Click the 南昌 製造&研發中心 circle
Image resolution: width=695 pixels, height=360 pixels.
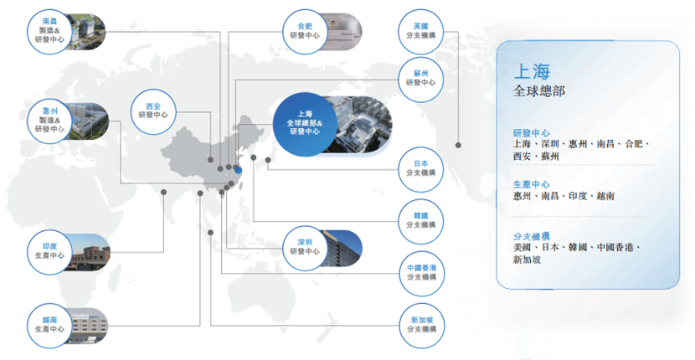coord(49,32)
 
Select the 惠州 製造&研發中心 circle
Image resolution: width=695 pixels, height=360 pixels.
coord(49,121)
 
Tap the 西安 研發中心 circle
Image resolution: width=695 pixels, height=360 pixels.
coord(154,111)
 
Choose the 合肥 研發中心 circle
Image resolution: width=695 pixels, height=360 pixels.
coord(305,32)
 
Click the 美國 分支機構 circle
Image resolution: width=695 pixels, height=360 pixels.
coord(421,32)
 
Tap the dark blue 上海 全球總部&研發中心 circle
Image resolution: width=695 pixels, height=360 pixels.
coord(305,124)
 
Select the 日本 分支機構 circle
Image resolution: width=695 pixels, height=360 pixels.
coord(421,170)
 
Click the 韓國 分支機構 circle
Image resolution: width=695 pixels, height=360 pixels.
coord(421,222)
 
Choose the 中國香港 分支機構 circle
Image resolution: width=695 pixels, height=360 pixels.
coord(421,274)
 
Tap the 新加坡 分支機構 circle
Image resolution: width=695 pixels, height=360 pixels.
coord(421,326)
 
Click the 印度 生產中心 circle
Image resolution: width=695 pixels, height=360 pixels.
coord(49,252)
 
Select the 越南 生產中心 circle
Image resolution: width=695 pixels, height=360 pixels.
coord(49,326)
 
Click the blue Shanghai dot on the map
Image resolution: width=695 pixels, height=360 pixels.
coord(239,170)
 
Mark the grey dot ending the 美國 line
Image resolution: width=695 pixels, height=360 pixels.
coord(458,145)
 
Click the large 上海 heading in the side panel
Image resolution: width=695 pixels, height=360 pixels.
coord(532,72)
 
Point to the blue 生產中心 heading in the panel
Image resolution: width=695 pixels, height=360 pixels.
coord(532,184)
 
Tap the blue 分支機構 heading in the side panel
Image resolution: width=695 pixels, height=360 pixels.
coord(532,237)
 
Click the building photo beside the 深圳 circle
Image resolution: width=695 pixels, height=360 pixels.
coord(344,249)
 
